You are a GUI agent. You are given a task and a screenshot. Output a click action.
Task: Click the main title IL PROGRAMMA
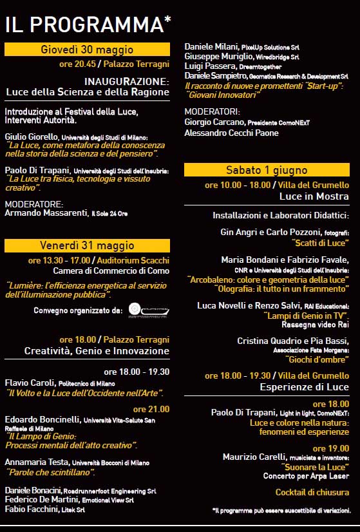pos(88,24)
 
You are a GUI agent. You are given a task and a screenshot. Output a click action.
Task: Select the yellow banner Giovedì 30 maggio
pos(87,50)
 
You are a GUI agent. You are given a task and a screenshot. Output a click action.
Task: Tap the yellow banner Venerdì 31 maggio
pos(87,245)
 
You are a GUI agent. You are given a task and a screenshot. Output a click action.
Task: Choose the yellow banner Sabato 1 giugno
pos(267,170)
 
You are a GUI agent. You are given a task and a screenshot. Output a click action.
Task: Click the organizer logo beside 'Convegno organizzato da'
pos(148,310)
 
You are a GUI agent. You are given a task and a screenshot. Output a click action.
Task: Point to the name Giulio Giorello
pos(32,137)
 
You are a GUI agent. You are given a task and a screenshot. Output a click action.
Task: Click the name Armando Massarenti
pos(46,213)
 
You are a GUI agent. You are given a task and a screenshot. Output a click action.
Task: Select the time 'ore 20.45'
pos(77,64)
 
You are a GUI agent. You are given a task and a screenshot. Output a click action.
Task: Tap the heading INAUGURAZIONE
pos(126,82)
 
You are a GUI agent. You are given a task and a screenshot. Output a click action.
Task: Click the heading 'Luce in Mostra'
pos(314,196)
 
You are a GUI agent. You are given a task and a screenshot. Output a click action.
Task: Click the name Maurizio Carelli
pos(253,457)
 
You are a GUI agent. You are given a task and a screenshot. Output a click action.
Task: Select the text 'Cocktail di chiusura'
pos(312,493)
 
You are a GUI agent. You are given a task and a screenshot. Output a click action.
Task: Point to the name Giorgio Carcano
pos(214,122)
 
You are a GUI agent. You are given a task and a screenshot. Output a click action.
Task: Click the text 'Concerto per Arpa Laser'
pos(306,477)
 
